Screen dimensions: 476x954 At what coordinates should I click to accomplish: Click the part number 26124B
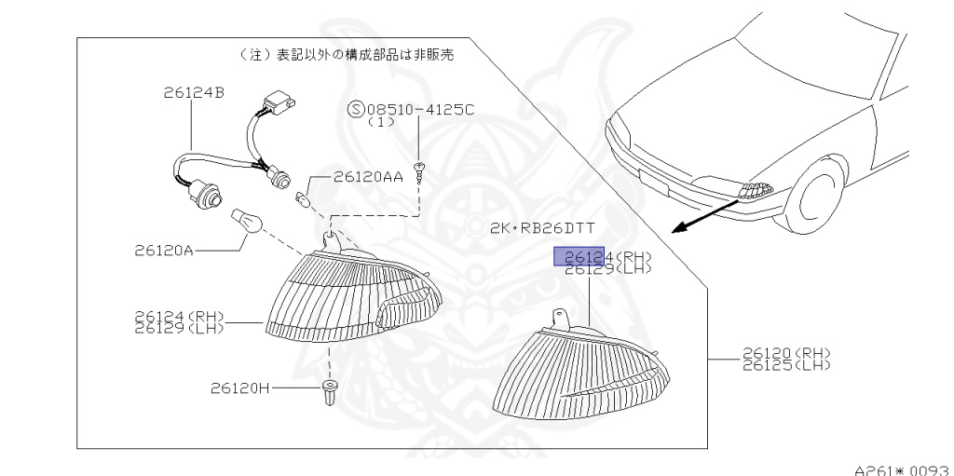click(193, 92)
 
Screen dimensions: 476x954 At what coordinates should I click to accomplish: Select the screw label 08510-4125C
click(420, 110)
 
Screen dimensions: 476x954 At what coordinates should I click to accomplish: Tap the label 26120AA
click(368, 176)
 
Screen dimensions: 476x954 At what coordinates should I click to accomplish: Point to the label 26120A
click(164, 251)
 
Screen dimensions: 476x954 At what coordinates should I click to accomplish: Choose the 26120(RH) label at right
click(786, 353)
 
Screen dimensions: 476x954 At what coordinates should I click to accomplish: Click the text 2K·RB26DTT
click(542, 228)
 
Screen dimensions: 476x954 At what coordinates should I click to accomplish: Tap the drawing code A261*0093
click(901, 468)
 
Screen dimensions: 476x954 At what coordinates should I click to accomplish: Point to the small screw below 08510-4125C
click(421, 170)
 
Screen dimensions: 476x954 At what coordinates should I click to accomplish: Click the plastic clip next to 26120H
click(329, 394)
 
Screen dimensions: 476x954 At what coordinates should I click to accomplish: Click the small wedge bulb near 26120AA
click(301, 198)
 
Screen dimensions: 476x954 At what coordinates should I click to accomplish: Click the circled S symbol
click(355, 110)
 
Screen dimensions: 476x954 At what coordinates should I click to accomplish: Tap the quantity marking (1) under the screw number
click(381, 122)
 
